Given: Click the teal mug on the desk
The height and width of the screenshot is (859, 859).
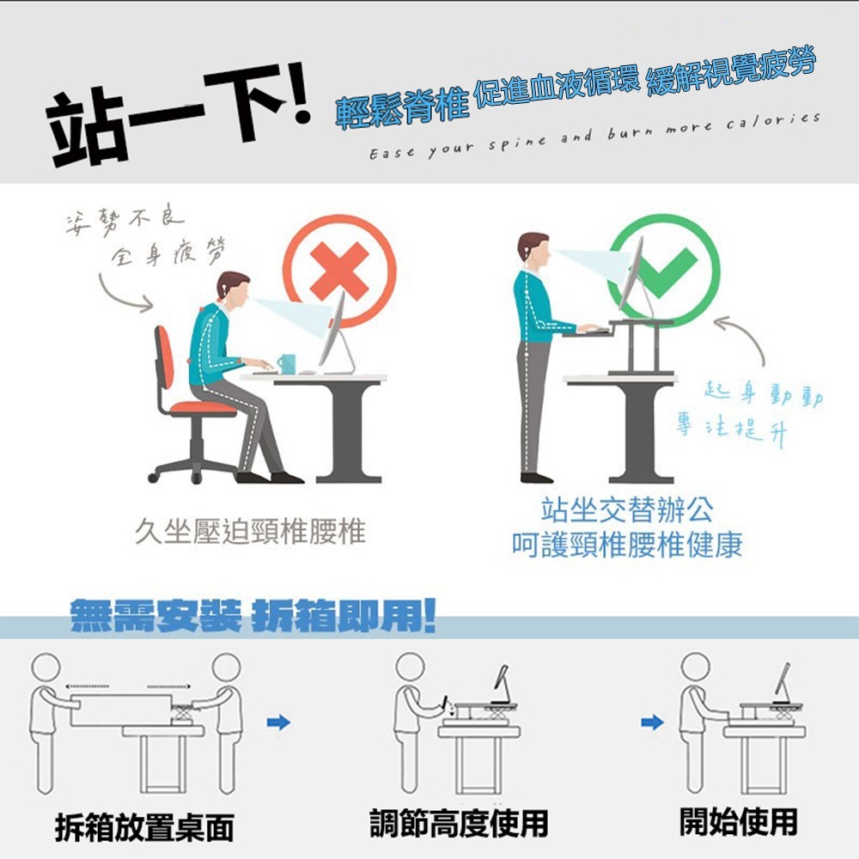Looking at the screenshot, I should point(286,363).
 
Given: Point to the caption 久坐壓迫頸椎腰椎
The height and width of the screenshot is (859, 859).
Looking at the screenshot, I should point(250,533).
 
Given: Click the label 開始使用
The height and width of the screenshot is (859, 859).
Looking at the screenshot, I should point(738,821).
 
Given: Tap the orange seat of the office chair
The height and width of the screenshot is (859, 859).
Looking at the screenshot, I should point(204,406).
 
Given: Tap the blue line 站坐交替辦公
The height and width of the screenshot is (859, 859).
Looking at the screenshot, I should point(627,511).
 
